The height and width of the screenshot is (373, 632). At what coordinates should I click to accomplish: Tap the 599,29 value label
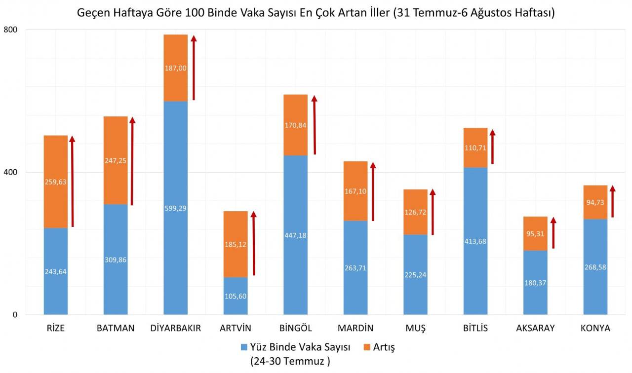(x=175, y=208)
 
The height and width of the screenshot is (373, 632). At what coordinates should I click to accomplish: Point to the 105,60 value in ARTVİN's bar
(x=236, y=296)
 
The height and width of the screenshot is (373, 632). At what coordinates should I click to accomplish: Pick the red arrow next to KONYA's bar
(x=613, y=201)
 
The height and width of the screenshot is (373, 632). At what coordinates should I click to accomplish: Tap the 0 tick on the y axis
(x=15, y=315)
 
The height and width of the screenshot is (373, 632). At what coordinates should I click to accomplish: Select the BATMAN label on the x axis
(x=116, y=329)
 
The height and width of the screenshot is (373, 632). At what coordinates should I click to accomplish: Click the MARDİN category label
(x=355, y=329)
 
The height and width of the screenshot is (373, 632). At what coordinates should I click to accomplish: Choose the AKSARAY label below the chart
(x=535, y=329)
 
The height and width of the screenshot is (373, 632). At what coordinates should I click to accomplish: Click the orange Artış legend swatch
(x=367, y=347)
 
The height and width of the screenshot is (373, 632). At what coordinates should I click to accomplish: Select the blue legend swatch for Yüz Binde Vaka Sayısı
(x=244, y=347)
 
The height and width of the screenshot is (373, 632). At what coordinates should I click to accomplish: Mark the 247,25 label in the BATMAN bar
(x=116, y=160)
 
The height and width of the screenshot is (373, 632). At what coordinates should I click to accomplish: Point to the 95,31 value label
(x=535, y=234)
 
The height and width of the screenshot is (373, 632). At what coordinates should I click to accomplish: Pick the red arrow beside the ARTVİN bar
(x=254, y=243)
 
